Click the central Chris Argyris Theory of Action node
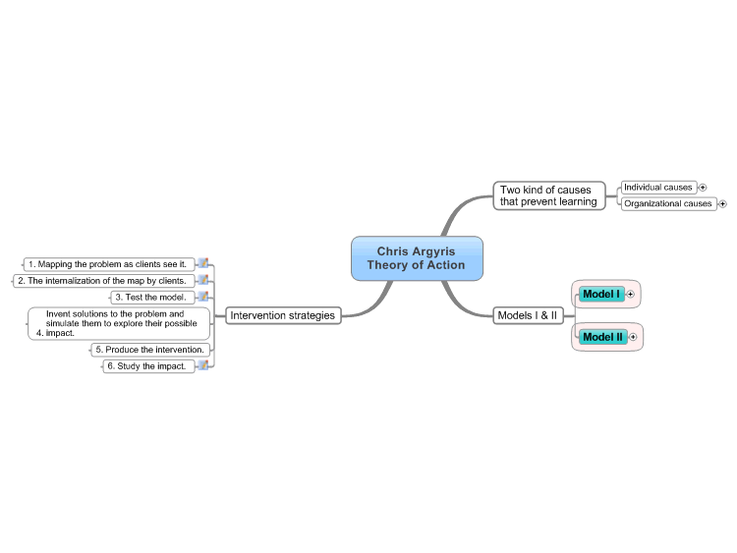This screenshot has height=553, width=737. coord(417,258)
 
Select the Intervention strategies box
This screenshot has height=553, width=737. coord(283,315)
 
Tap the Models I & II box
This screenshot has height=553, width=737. coord(528,315)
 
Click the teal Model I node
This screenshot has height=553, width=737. coord(601,294)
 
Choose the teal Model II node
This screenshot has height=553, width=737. coord(603,337)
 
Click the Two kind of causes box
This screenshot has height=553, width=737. coord(549,195)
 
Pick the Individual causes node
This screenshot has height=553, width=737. coord(658,188)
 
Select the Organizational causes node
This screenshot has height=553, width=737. coord(668,204)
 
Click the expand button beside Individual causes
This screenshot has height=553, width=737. coord(703,188)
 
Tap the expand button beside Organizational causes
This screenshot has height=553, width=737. coord(723,204)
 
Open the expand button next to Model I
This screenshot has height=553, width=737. coord(631,294)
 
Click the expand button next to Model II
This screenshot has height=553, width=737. coord(633,337)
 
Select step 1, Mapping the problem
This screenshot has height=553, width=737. coord(108,264)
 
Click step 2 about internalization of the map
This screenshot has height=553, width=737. coord(103,281)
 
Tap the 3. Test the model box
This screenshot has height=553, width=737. coord(152,298)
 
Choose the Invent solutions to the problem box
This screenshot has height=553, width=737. coord(119,323)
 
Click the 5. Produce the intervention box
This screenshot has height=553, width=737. coord(150,350)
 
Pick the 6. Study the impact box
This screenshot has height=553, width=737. coord(148,366)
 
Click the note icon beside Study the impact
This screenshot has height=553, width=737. coord(203,365)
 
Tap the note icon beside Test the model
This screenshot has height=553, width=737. coord(203,297)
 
